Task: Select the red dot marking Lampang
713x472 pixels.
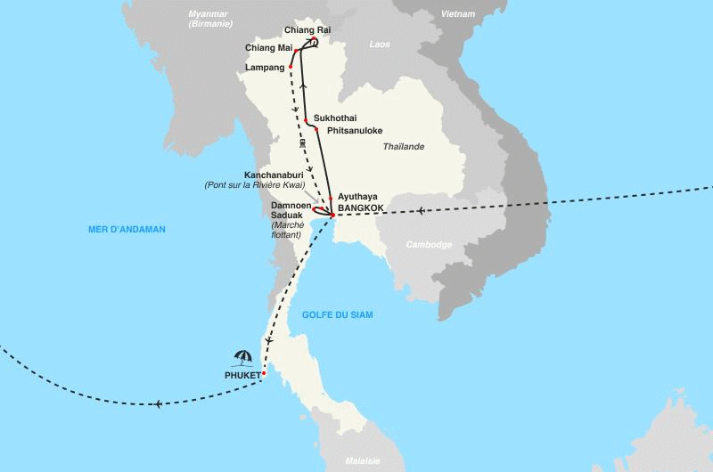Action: [291, 67]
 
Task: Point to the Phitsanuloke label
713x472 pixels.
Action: [355, 131]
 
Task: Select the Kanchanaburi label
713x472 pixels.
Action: [280, 175]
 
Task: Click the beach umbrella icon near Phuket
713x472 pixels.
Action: [242, 358]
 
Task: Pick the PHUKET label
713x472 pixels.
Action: [242, 375]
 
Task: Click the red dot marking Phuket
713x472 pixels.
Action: [265, 373]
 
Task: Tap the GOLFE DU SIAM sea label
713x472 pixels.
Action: [338, 315]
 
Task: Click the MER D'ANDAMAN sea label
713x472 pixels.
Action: [127, 229]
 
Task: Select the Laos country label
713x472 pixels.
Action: [381, 43]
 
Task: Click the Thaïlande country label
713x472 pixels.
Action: [404, 146]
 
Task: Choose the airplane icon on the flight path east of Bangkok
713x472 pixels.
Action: [420, 211]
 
